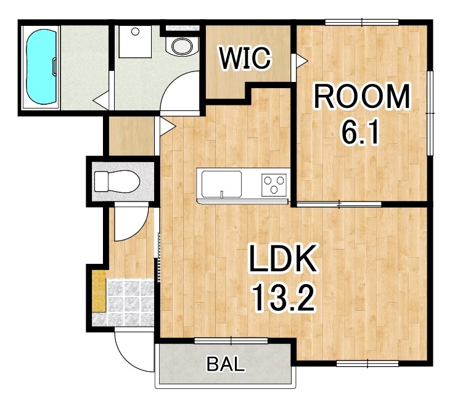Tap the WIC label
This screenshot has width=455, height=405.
click(x=245, y=58)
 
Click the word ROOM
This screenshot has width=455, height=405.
click(x=361, y=96)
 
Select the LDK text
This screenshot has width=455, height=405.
click(x=282, y=258)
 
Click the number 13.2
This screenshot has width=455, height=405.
click(x=283, y=297)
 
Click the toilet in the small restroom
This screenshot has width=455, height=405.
click(x=117, y=181)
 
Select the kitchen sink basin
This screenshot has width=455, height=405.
click(x=222, y=184)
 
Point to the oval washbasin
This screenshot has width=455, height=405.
click(x=182, y=46)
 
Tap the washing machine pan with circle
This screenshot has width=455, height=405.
click(x=135, y=42)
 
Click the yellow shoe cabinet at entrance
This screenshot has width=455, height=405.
click(x=99, y=292)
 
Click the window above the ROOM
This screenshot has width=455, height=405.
click(x=362, y=22)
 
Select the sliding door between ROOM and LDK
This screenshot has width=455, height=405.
click(x=339, y=205)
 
